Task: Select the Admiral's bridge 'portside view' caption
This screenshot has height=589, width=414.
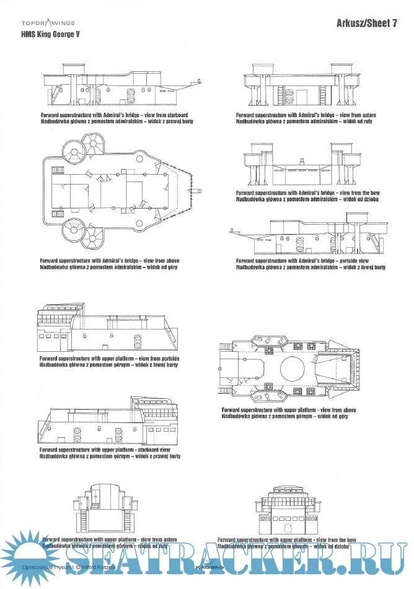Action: [310, 264]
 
